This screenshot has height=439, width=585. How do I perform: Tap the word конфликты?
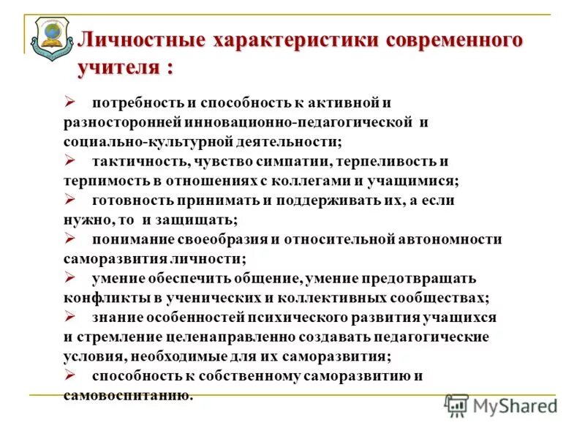tap(102, 298)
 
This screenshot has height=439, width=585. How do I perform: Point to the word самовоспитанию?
tap(128, 396)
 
